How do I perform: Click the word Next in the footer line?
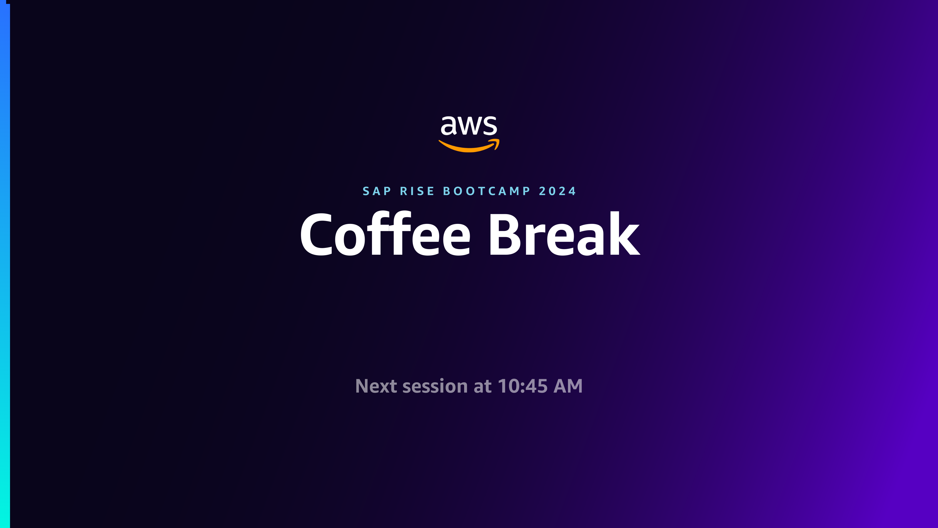coord(376,386)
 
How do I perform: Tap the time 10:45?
coord(522,386)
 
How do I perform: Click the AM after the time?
coord(568,386)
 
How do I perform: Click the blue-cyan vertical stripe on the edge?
coord(5,266)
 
